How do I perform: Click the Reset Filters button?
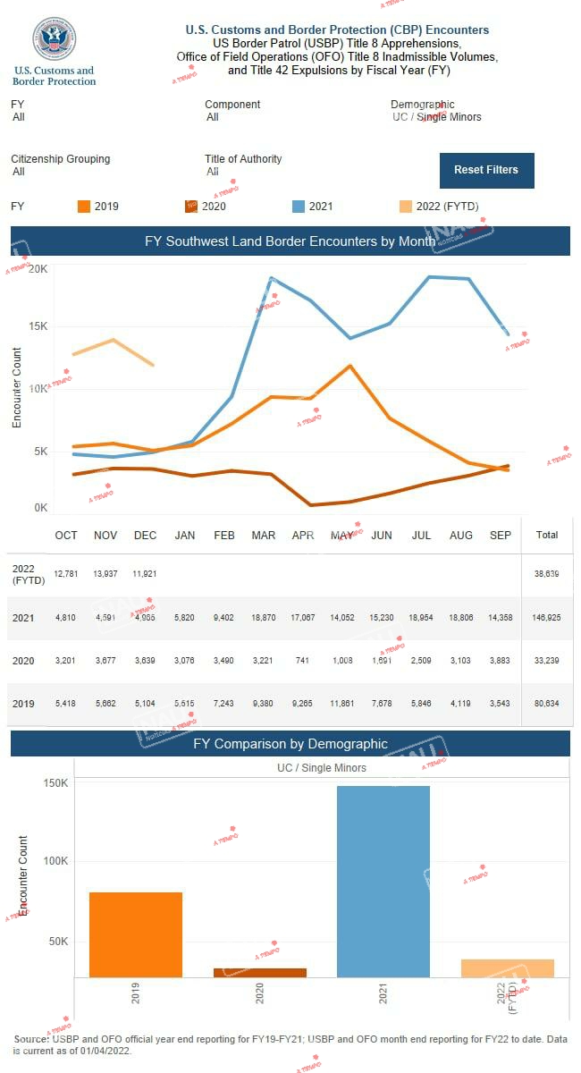486,170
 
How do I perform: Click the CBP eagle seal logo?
54,39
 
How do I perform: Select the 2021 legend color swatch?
299,207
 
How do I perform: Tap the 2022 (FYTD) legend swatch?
406,207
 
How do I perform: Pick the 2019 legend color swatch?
84,207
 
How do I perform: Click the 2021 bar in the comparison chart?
383,881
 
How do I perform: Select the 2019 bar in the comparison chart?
136,934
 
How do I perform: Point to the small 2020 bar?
260,972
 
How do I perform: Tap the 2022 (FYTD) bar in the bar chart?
508,967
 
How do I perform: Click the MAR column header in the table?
264,536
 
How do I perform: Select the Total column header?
547,535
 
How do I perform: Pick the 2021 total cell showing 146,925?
547,618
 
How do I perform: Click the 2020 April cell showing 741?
303,660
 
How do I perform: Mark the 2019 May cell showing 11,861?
342,703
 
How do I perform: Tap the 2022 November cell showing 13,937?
105,573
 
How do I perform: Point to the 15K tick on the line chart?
38,325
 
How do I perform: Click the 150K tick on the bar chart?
56,783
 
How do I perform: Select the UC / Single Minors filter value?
437,117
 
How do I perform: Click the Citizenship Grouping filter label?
61,159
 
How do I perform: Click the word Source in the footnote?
31,1038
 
